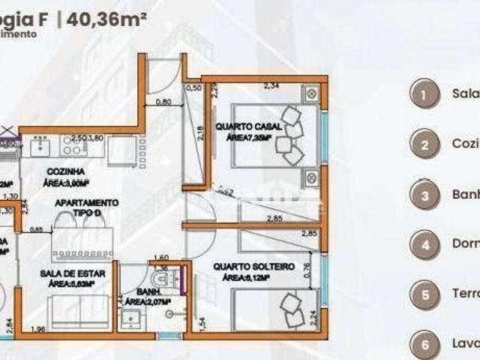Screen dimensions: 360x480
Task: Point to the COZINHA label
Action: click(x=64, y=172)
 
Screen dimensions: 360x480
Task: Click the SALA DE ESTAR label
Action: click(x=73, y=274)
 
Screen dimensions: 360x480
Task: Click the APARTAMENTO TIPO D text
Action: click(x=85, y=208)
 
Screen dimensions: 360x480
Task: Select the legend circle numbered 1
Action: click(x=424, y=95)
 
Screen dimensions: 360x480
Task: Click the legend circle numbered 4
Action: click(x=424, y=244)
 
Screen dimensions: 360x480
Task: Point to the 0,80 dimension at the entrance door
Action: click(x=163, y=101)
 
